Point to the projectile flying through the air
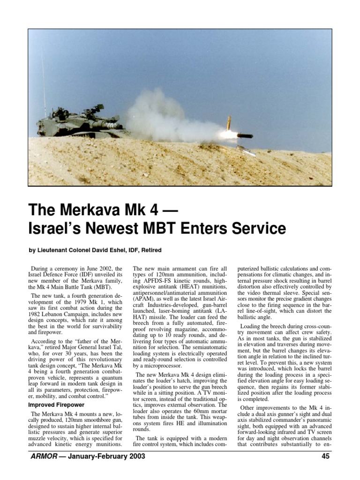[x=244, y=136]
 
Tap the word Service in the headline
[x=254, y=228]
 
